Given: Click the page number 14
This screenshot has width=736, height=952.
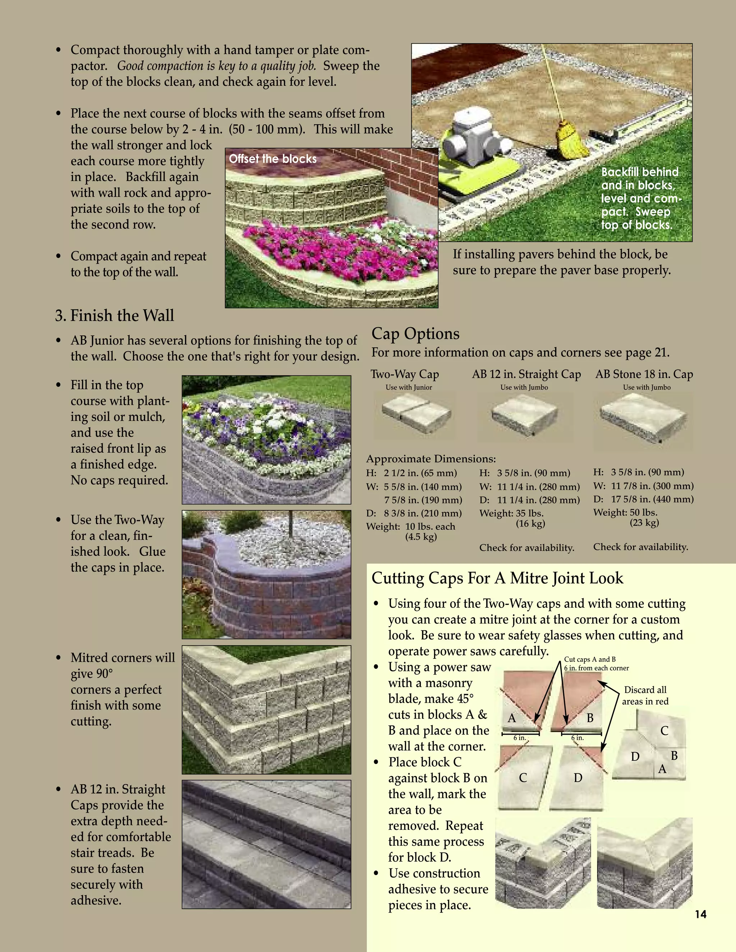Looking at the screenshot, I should pos(700,914).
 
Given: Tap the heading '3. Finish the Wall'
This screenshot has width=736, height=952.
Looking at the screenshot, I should pos(115,315).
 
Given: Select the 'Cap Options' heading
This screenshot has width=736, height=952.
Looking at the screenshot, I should pos(415,333).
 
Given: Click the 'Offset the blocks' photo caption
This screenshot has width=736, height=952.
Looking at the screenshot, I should pos(273,159).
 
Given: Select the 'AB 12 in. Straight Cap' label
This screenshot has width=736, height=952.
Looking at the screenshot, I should pos(526,374).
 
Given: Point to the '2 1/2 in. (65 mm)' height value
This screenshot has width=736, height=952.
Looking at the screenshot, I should pos(420,473).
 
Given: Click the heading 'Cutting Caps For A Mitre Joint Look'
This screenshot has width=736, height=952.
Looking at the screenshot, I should pos(497,578).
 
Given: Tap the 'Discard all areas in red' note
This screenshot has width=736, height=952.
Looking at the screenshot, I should pos(645,695).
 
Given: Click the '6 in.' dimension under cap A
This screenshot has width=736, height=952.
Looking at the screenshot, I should pos(519,738).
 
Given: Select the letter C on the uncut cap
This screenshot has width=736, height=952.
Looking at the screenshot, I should pos(523,778).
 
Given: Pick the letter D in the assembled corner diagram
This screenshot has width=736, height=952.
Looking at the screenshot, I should pos(635,757).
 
